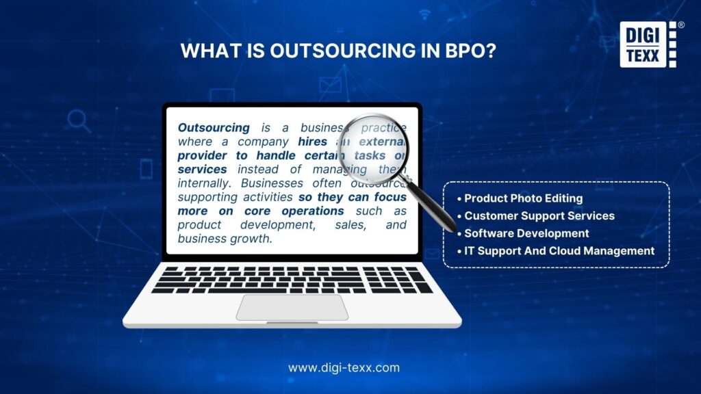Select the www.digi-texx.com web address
pyautogui.click(x=344, y=367)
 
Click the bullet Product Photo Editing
pyautogui.click(x=523, y=198)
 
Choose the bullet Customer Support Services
pyautogui.click(x=539, y=215)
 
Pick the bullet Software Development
pyautogui.click(x=526, y=233)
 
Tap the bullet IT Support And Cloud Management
pyautogui.click(x=559, y=251)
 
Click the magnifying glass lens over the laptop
pyautogui.click(x=374, y=146)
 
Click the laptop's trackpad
pyautogui.click(x=292, y=307)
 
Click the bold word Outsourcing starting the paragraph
pyautogui.click(x=214, y=128)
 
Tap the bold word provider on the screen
pyautogui.click(x=205, y=155)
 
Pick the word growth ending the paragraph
pyautogui.click(x=253, y=239)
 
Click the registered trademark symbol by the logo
pyautogui.click(x=680, y=25)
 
